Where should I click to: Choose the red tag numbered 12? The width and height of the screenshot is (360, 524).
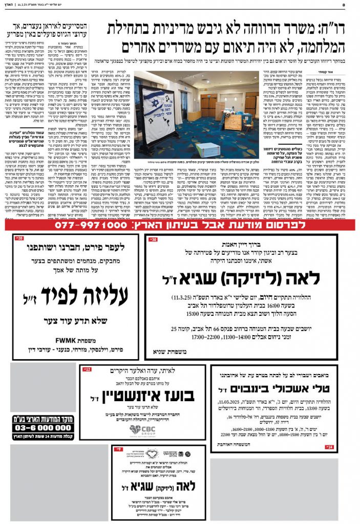pos(87,369)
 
